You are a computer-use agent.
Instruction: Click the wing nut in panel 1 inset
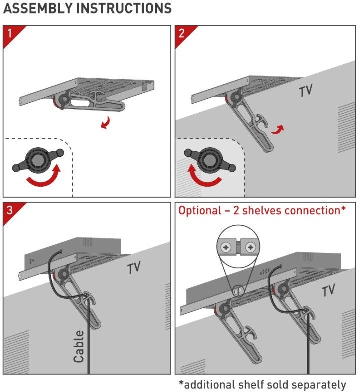coord(37,159)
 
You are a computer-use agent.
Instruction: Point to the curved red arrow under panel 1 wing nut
coord(44,179)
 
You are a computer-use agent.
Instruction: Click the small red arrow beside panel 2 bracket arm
coord(279,129)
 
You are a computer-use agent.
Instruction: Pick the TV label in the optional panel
coord(328,290)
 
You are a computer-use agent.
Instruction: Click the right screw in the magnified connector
coord(249,247)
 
